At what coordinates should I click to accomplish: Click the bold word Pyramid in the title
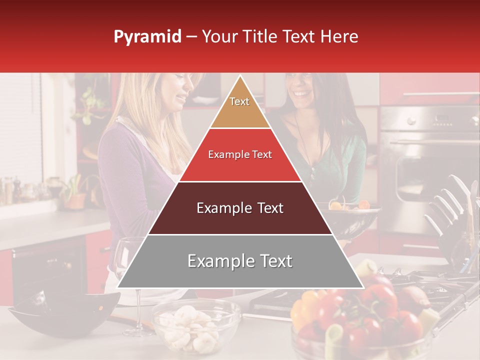(147, 37)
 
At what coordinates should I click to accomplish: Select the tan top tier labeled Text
(239, 105)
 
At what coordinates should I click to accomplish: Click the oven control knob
(411, 120)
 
